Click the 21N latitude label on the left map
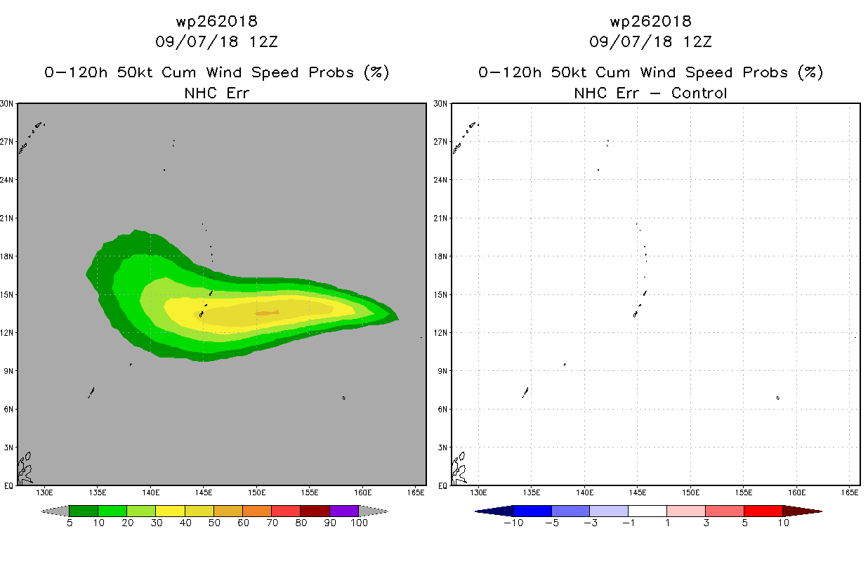pos(6,218)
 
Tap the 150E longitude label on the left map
pos(256,492)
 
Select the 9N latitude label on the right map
pos(442,371)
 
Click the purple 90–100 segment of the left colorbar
pos(344,511)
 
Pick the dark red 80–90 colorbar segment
pos(315,511)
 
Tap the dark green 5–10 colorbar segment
pos(84,511)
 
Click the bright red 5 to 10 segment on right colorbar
pos(763,511)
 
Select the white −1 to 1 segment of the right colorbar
pos(647,511)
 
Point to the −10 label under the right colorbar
pos(513,523)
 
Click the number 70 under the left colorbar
pos(272,523)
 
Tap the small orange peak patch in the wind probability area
pos(267,313)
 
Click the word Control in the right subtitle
pos(699,93)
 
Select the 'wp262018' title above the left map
pos(216,22)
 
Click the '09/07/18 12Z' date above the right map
pos(650,42)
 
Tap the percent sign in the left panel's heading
pos(376,72)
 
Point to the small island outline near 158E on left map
pos(343,398)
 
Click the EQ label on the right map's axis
pos(442,485)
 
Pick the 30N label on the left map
pos(6,103)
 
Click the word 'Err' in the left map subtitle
pos(237,93)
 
